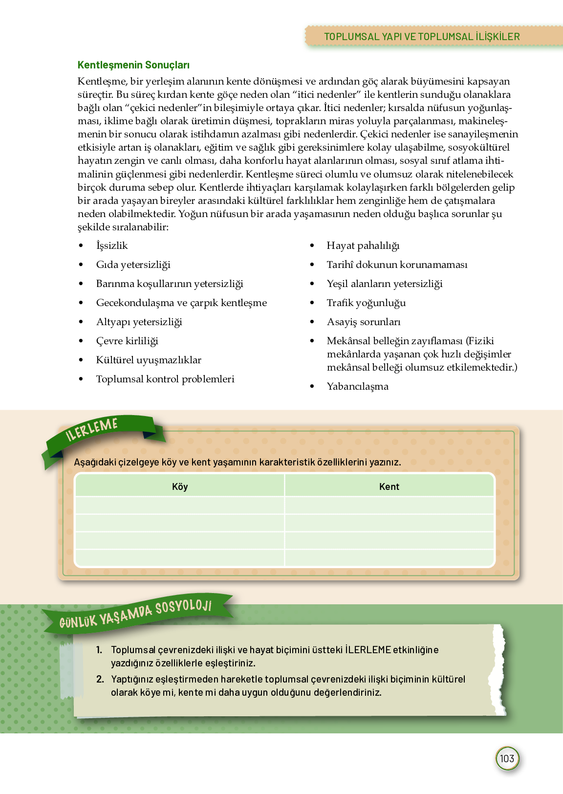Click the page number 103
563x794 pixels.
tap(507, 758)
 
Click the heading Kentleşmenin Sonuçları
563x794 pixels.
tap(133, 65)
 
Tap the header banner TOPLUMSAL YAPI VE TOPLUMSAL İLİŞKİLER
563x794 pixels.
tap(422, 37)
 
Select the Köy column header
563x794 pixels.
tap(180, 486)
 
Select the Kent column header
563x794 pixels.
tap(389, 486)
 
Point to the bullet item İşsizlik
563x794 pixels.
tap(112, 245)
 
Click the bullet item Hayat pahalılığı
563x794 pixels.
tap(363, 245)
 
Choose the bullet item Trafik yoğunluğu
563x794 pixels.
tap(366, 303)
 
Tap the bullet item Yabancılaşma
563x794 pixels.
tap(357, 386)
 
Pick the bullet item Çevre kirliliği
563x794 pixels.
tap(127, 341)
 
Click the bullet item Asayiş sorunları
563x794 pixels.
tap(363, 322)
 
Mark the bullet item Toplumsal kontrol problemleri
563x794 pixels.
tap(165, 379)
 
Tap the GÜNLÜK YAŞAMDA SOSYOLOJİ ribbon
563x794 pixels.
tap(135, 614)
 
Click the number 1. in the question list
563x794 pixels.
tap(99, 650)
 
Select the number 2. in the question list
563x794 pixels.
tap(100, 679)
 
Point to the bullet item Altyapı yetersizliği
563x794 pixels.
tap(139, 322)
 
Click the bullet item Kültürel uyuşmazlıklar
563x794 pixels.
tap(149, 360)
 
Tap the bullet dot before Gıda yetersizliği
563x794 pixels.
tap(81, 265)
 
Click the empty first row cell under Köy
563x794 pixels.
tap(180, 505)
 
